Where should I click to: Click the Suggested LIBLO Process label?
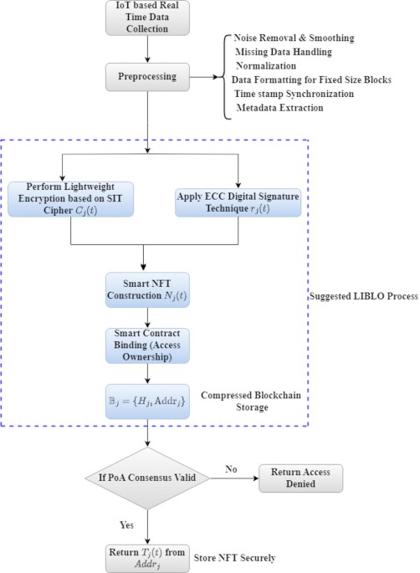[x=361, y=296]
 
